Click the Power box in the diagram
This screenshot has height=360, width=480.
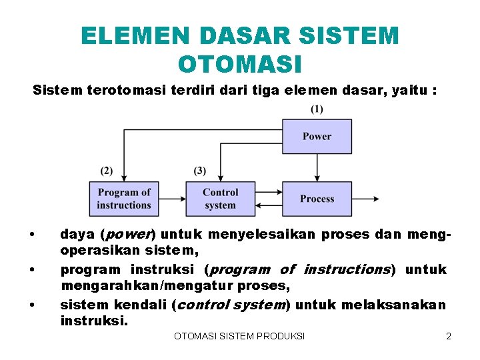point(317,136)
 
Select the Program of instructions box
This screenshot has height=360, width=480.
point(124,199)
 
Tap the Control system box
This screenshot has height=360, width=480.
point(220,199)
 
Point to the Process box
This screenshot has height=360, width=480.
point(317,199)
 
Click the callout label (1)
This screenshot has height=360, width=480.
point(317,109)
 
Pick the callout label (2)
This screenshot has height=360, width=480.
point(107,171)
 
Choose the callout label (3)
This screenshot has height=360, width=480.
point(200,171)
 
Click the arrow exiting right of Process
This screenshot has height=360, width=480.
point(365,199)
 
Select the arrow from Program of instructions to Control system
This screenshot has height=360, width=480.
point(172,199)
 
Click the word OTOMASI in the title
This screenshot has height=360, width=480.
point(240,65)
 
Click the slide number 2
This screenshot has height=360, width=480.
point(449,336)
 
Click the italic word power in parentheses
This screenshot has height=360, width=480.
point(127,235)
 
